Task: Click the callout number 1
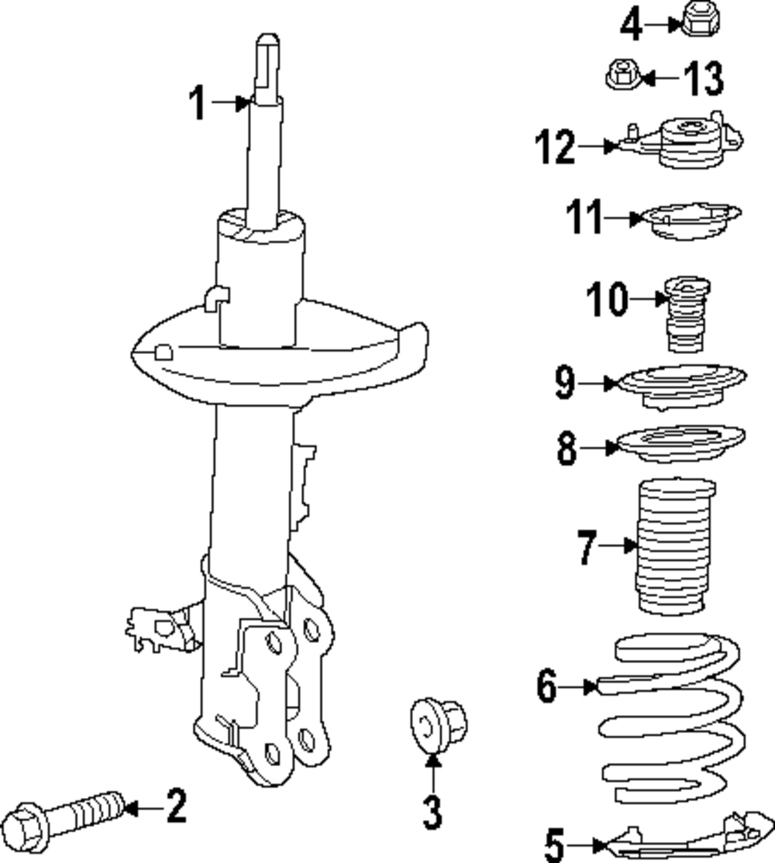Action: (x=198, y=104)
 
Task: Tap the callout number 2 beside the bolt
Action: (x=177, y=806)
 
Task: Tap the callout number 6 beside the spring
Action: (x=547, y=686)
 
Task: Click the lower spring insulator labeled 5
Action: (x=682, y=841)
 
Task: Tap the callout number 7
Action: (x=587, y=547)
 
